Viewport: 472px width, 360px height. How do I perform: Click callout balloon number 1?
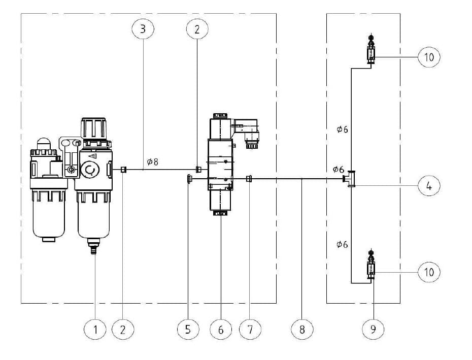click(95, 330)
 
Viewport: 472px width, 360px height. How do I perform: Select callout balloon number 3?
click(143, 29)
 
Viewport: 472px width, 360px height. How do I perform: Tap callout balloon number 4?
click(429, 186)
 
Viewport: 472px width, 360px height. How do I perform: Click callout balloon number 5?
click(188, 330)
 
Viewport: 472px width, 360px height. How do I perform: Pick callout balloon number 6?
click(221, 330)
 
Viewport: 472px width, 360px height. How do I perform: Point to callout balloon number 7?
click(250, 330)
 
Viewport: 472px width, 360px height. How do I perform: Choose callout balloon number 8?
click(302, 330)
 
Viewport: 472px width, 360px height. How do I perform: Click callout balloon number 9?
click(373, 330)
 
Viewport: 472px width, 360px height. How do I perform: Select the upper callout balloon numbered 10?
click(429, 57)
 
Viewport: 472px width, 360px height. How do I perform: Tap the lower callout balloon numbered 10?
click(429, 272)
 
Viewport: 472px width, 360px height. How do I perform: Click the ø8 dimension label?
click(152, 162)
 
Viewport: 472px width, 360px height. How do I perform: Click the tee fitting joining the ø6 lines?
click(351, 179)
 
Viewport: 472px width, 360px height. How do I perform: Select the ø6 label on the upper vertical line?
click(342, 129)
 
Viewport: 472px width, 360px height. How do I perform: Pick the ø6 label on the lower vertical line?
click(342, 245)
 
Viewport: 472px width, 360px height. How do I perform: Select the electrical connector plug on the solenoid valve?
click(248, 130)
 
